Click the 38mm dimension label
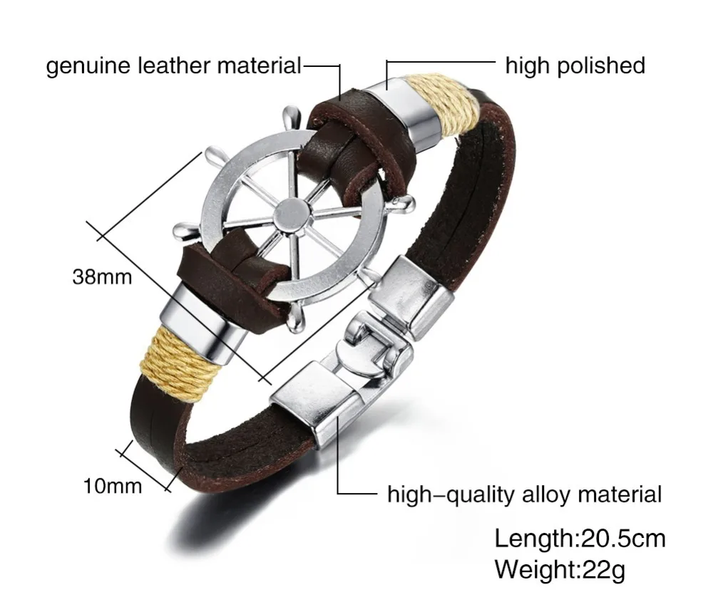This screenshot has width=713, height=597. pos(102,276)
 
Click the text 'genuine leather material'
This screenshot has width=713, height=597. pos(174,66)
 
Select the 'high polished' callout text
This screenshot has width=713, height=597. pos(575,66)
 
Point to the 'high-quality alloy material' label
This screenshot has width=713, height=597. pos(524,494)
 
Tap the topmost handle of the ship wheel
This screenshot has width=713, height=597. pos(290,118)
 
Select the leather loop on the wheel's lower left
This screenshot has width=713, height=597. pos(232,274)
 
